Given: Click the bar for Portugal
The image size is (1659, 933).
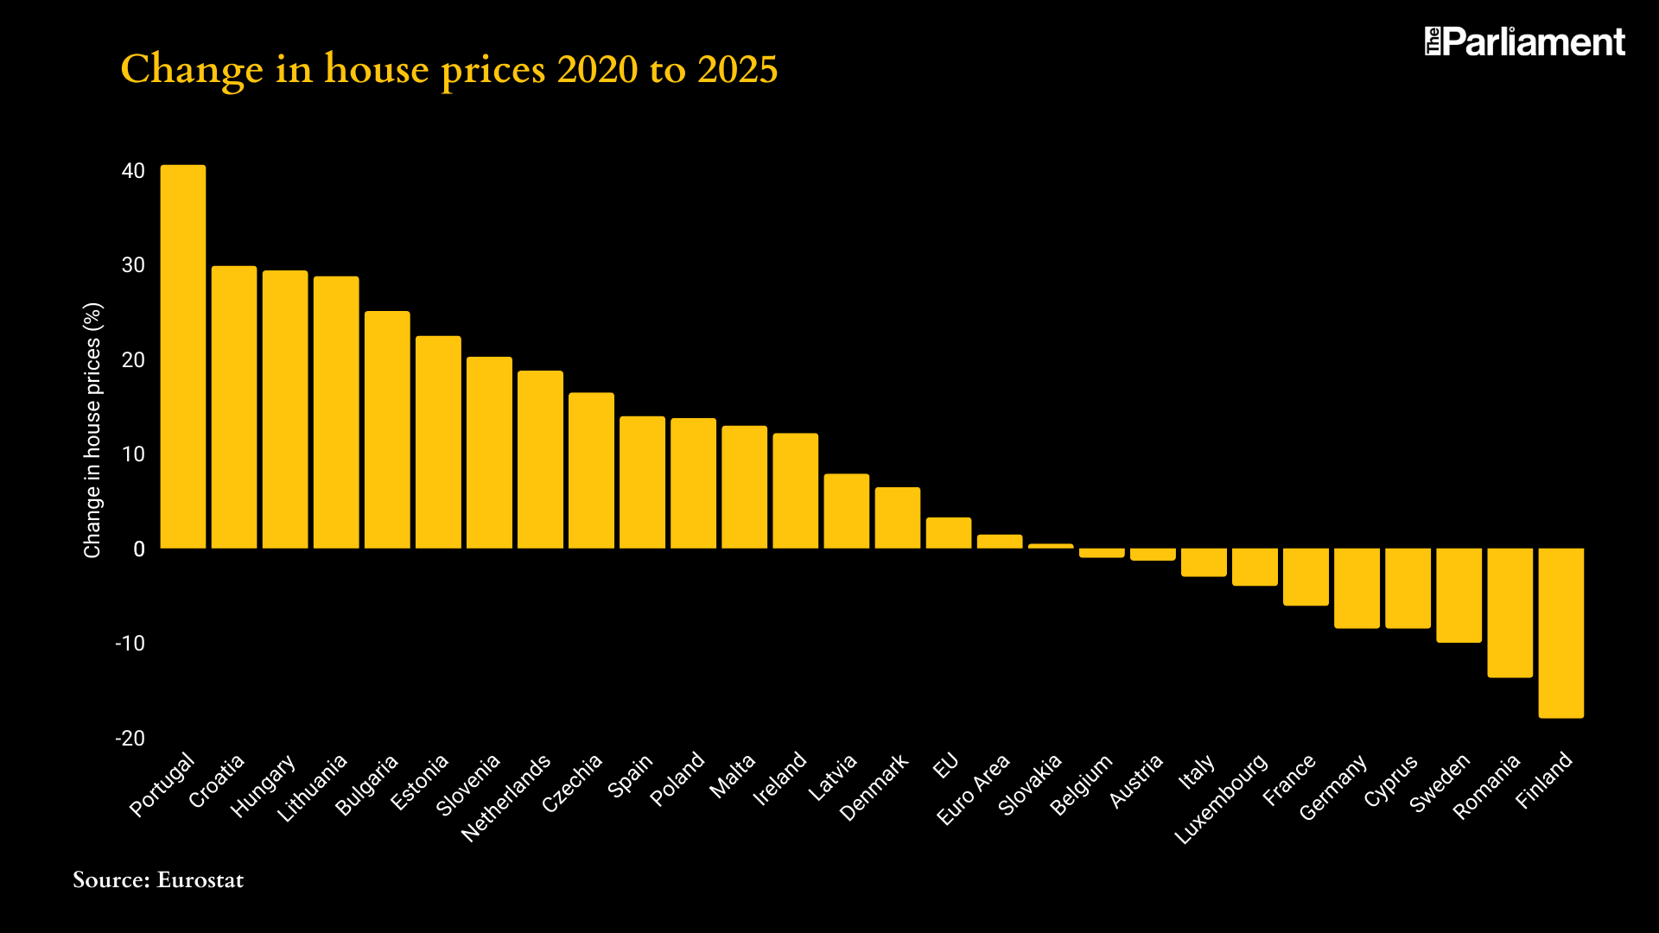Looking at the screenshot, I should point(183,356).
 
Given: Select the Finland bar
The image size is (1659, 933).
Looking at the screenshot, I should point(1560,632).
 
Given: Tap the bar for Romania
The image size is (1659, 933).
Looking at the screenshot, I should point(1510,612).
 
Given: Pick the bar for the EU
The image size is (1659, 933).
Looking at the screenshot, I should point(949,533).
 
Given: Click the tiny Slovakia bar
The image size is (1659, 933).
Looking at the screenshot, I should point(1051,546).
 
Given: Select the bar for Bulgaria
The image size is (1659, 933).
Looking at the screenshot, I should point(387,429).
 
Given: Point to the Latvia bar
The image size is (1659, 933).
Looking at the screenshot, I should point(846,511).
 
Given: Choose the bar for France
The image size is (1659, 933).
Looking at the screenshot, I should point(1306,576).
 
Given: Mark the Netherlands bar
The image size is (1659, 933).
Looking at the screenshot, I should point(540,460).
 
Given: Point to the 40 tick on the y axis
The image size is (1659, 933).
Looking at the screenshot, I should point(133,171).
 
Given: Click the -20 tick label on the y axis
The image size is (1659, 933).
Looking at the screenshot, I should point(130,739).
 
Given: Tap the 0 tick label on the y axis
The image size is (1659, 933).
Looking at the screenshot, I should point(138,549).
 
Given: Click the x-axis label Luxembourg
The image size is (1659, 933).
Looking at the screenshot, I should point(1221,799).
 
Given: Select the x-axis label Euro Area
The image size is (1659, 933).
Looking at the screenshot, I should point(973,790).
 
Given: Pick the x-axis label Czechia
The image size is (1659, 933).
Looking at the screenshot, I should point(572,784).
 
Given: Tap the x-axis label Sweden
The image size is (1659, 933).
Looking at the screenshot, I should point(1440,784).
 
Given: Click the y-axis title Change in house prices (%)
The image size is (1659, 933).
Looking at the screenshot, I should point(92,430).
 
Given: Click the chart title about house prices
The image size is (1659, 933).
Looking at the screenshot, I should point(449,69).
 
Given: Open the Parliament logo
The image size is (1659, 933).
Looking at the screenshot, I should point(1525,41).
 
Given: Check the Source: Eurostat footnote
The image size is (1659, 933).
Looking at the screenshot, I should point(158,880).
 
